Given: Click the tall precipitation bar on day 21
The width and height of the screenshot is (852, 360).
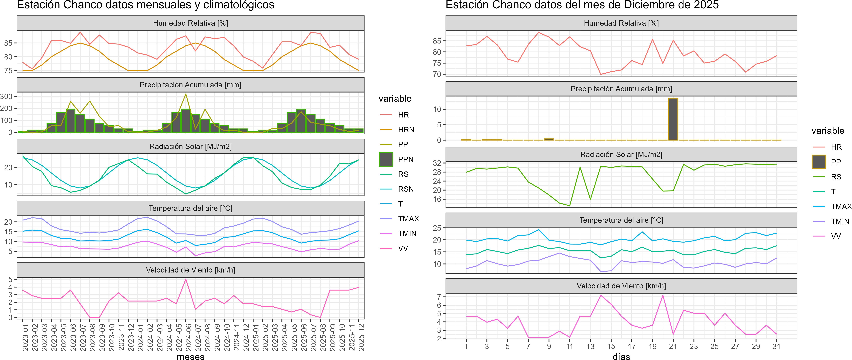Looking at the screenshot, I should tap(673, 119).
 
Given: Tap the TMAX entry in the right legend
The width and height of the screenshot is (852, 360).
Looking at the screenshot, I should tap(841, 207).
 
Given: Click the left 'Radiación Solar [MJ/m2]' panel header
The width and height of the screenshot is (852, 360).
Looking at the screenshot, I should tap(190, 146).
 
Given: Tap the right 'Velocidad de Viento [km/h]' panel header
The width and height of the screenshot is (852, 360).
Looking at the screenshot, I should tap(621, 286).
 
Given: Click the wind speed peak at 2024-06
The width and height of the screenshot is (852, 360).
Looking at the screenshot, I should tap(186, 280).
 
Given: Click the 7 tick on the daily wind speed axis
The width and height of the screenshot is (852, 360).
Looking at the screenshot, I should tap(439, 297).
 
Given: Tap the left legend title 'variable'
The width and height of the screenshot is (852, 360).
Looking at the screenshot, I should tap(395, 98).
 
